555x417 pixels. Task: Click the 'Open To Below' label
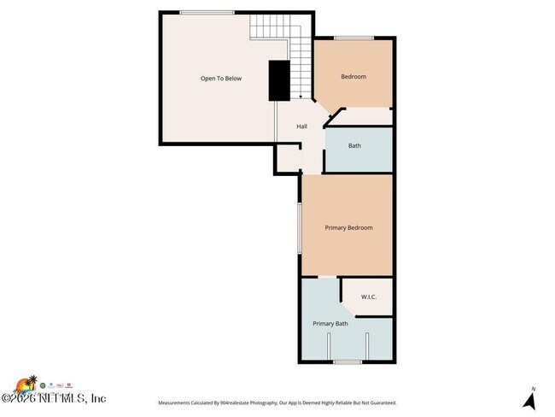[221, 79]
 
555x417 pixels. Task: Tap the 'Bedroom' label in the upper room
[353, 77]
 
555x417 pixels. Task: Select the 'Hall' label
[301, 127]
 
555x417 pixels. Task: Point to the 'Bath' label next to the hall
[354, 145]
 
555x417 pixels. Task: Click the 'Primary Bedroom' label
[348, 227]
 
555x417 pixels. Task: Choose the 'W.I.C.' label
[369, 297]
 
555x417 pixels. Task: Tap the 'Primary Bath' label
[330, 324]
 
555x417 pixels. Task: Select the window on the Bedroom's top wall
[353, 38]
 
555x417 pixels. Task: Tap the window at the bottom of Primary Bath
[347, 362]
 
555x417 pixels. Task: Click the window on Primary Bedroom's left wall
[299, 228]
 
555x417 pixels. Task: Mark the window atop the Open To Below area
[207, 12]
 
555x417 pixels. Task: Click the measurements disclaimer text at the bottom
[277, 402]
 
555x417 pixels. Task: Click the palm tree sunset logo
[29, 384]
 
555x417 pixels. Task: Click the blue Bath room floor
[359, 159]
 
